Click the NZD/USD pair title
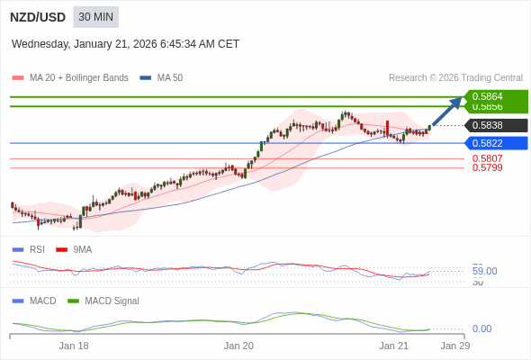click(37, 17)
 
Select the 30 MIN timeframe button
click(95, 17)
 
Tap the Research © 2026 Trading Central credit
click(455, 77)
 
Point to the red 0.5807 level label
click(487, 158)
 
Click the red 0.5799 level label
click(487, 167)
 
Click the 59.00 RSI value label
click(484, 271)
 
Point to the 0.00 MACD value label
click(481, 328)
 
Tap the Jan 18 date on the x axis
click(74, 346)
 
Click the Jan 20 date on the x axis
click(238, 346)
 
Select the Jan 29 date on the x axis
click(454, 346)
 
